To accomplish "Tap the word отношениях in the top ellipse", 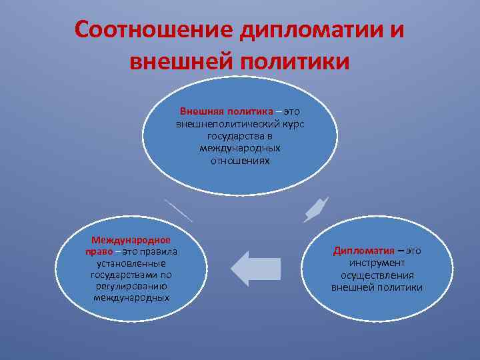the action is pyautogui.click(x=240, y=161).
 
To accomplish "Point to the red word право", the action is pyautogui.click(x=97, y=251).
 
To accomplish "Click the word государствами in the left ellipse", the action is pyautogui.click(x=124, y=275).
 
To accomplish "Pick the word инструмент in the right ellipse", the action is pyautogui.click(x=377, y=263).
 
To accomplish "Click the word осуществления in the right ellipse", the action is pyautogui.click(x=377, y=275).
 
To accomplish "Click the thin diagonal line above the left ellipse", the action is pyautogui.click(x=178, y=210).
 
